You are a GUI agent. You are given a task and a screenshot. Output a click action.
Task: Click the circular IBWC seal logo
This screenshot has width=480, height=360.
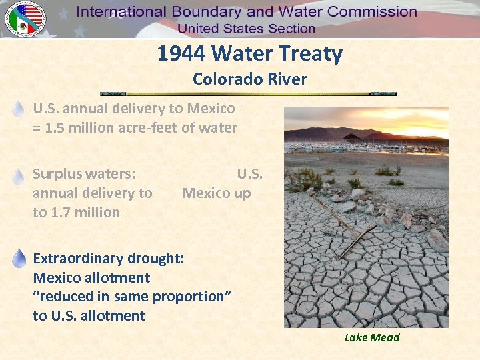[x=25, y=19]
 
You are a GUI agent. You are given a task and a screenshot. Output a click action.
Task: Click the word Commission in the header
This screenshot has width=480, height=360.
[x=366, y=12]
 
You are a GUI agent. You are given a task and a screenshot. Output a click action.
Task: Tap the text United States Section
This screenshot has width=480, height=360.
[x=246, y=28]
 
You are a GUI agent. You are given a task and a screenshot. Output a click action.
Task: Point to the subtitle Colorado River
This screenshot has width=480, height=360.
[x=249, y=79]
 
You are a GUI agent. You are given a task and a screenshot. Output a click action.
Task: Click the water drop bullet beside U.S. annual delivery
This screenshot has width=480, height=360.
[x=19, y=109]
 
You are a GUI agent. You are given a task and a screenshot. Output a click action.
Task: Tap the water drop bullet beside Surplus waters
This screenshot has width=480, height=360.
[x=19, y=175]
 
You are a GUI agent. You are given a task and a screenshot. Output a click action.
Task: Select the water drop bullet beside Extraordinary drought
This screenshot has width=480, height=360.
[x=19, y=259]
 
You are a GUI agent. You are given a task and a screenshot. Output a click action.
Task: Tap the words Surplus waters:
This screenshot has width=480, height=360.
[x=84, y=174]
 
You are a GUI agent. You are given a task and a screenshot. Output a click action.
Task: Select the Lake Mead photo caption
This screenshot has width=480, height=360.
[x=372, y=337]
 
